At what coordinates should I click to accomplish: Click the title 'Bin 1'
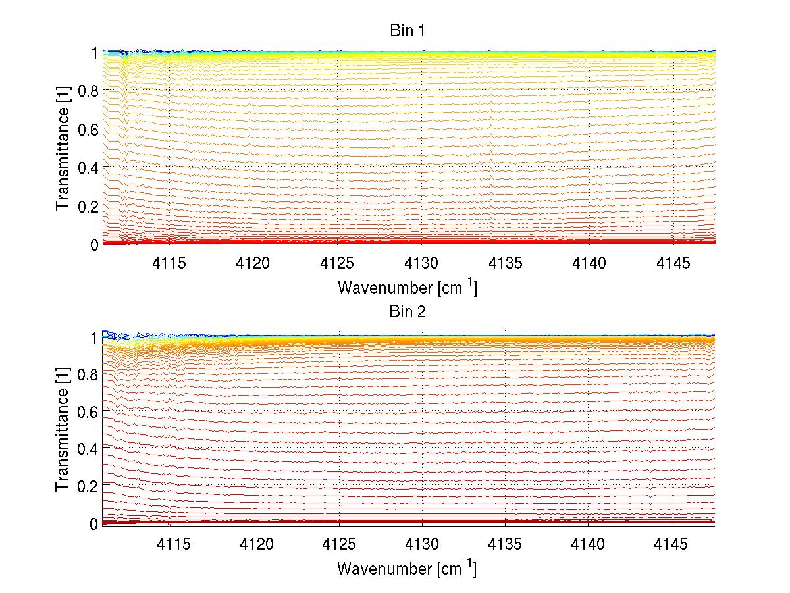[408, 31]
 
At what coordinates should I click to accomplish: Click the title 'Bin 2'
[408, 311]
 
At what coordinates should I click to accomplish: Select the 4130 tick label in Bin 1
[421, 263]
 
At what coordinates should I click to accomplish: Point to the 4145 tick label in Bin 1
[673, 263]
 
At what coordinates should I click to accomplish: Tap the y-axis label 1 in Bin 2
[94, 337]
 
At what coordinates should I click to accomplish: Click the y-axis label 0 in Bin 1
[94, 244]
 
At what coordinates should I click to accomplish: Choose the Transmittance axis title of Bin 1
[63, 147]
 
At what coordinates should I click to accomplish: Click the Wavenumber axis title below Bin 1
[408, 287]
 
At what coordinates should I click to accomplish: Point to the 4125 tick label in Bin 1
[338, 263]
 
